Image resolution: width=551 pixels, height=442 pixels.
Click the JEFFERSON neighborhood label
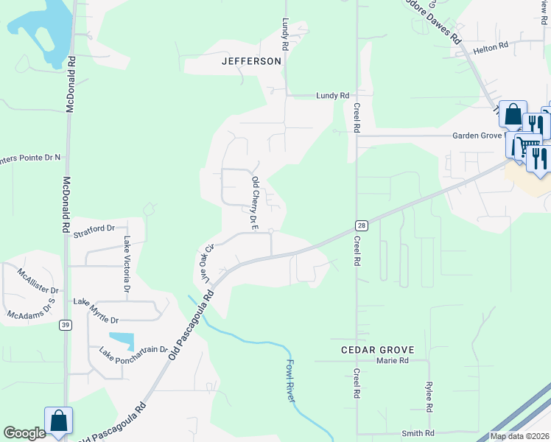pyautogui.click(x=251, y=61)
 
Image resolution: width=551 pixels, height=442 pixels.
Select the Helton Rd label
pyautogui.click(x=491, y=46)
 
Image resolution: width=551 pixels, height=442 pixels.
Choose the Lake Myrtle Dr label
pyautogui.click(x=96, y=310)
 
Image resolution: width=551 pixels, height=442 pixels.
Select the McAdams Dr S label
pyautogui.click(x=32, y=309)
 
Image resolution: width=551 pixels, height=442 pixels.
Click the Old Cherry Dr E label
pyautogui.click(x=254, y=203)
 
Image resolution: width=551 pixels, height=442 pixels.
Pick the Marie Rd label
pyautogui.click(x=392, y=361)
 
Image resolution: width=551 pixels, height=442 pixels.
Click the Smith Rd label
pyautogui.click(x=418, y=433)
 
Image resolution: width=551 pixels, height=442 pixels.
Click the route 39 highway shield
pyautogui.click(x=65, y=325)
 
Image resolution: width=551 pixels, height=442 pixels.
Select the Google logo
pyautogui.click(x=25, y=433)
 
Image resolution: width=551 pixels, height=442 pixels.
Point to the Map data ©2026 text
pyautogui.click(x=519, y=436)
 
